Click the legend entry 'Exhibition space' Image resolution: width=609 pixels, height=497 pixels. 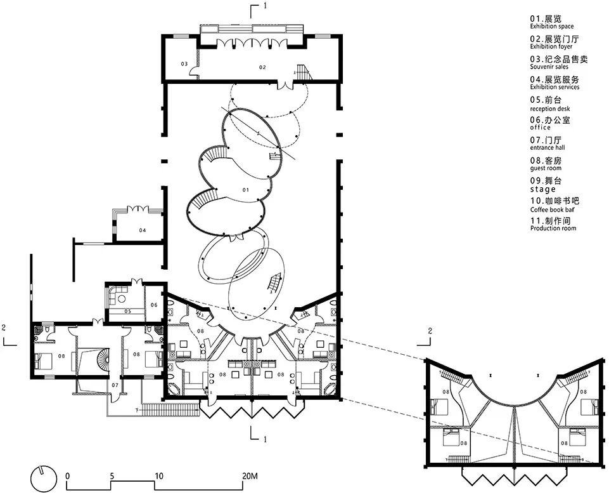tap(551, 27)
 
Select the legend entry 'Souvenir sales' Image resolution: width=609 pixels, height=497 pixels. tap(549, 67)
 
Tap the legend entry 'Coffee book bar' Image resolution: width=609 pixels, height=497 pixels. tap(552, 209)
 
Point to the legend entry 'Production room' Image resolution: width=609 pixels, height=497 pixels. tap(553, 229)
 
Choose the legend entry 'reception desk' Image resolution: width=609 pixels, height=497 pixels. tap(549, 109)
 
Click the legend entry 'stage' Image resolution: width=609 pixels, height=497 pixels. tap(543, 189)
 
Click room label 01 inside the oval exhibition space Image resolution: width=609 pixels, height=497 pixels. tap(245, 190)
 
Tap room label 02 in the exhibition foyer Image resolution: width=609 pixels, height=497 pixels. tap(262, 67)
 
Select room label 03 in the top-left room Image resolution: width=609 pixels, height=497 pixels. tap(184, 63)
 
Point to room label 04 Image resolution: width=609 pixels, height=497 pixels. tap(143, 230)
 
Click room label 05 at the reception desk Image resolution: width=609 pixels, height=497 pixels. tap(128, 311)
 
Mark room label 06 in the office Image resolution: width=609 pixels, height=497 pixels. tap(154, 305)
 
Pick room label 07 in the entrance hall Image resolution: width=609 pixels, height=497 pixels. tap(115, 385)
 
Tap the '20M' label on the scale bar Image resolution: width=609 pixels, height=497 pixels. tap(249, 476)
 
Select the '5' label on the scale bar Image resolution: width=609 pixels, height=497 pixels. tap(112, 476)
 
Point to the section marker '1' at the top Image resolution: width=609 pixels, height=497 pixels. tap(265, 6)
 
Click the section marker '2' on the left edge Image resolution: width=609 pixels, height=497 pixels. tap(4, 328)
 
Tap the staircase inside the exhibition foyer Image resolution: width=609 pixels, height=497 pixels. tap(303, 72)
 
